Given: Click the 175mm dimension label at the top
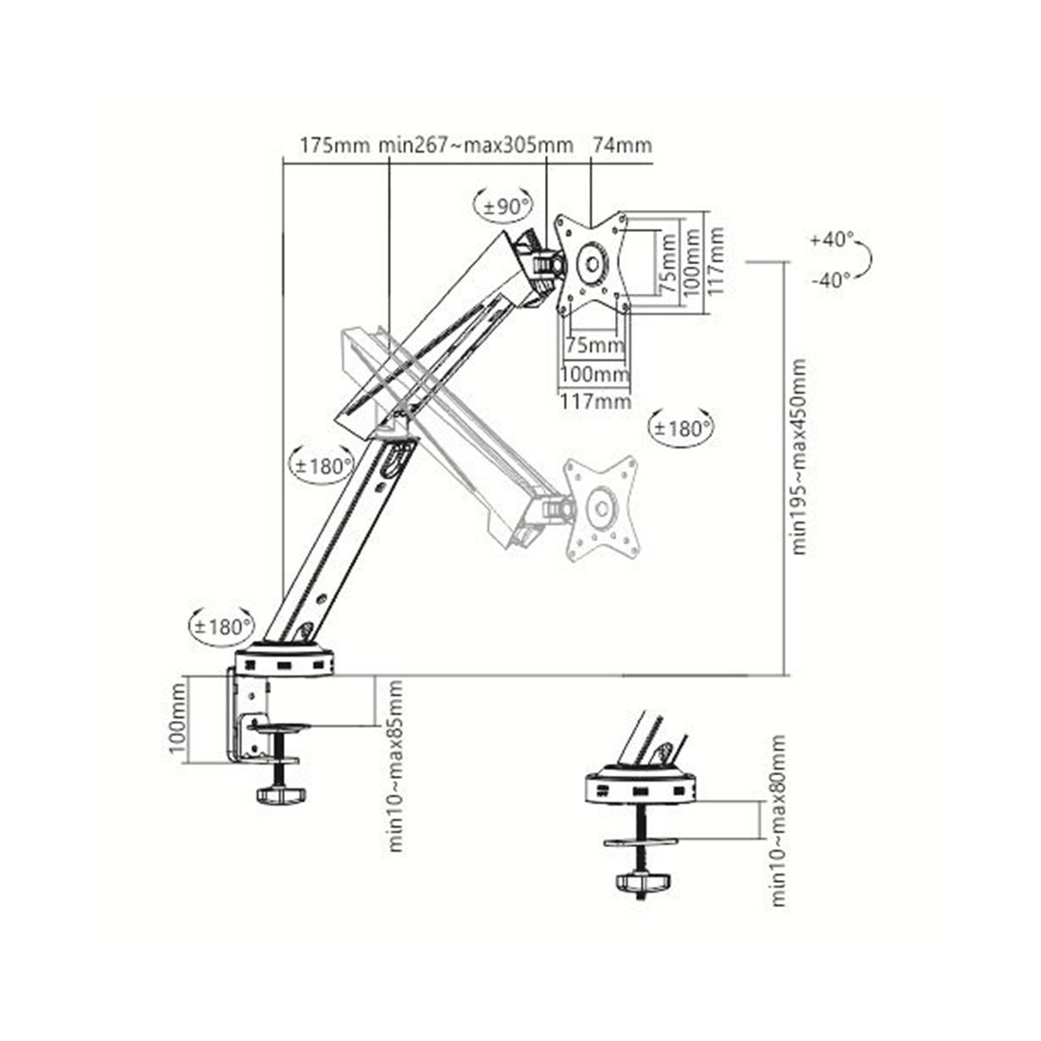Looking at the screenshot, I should (333, 146).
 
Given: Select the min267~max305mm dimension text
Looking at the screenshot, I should (476, 146).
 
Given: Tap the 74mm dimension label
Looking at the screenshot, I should (622, 146).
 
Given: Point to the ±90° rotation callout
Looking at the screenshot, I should (503, 206).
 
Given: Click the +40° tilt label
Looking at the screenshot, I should (831, 240).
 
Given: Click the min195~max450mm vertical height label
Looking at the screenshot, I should (800, 456).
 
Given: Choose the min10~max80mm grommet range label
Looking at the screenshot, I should (778, 820).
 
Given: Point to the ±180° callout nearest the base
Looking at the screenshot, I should (221, 626).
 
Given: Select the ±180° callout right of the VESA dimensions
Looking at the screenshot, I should (681, 428).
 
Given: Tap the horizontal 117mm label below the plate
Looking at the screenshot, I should (596, 400).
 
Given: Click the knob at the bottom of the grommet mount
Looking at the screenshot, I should (643, 883).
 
